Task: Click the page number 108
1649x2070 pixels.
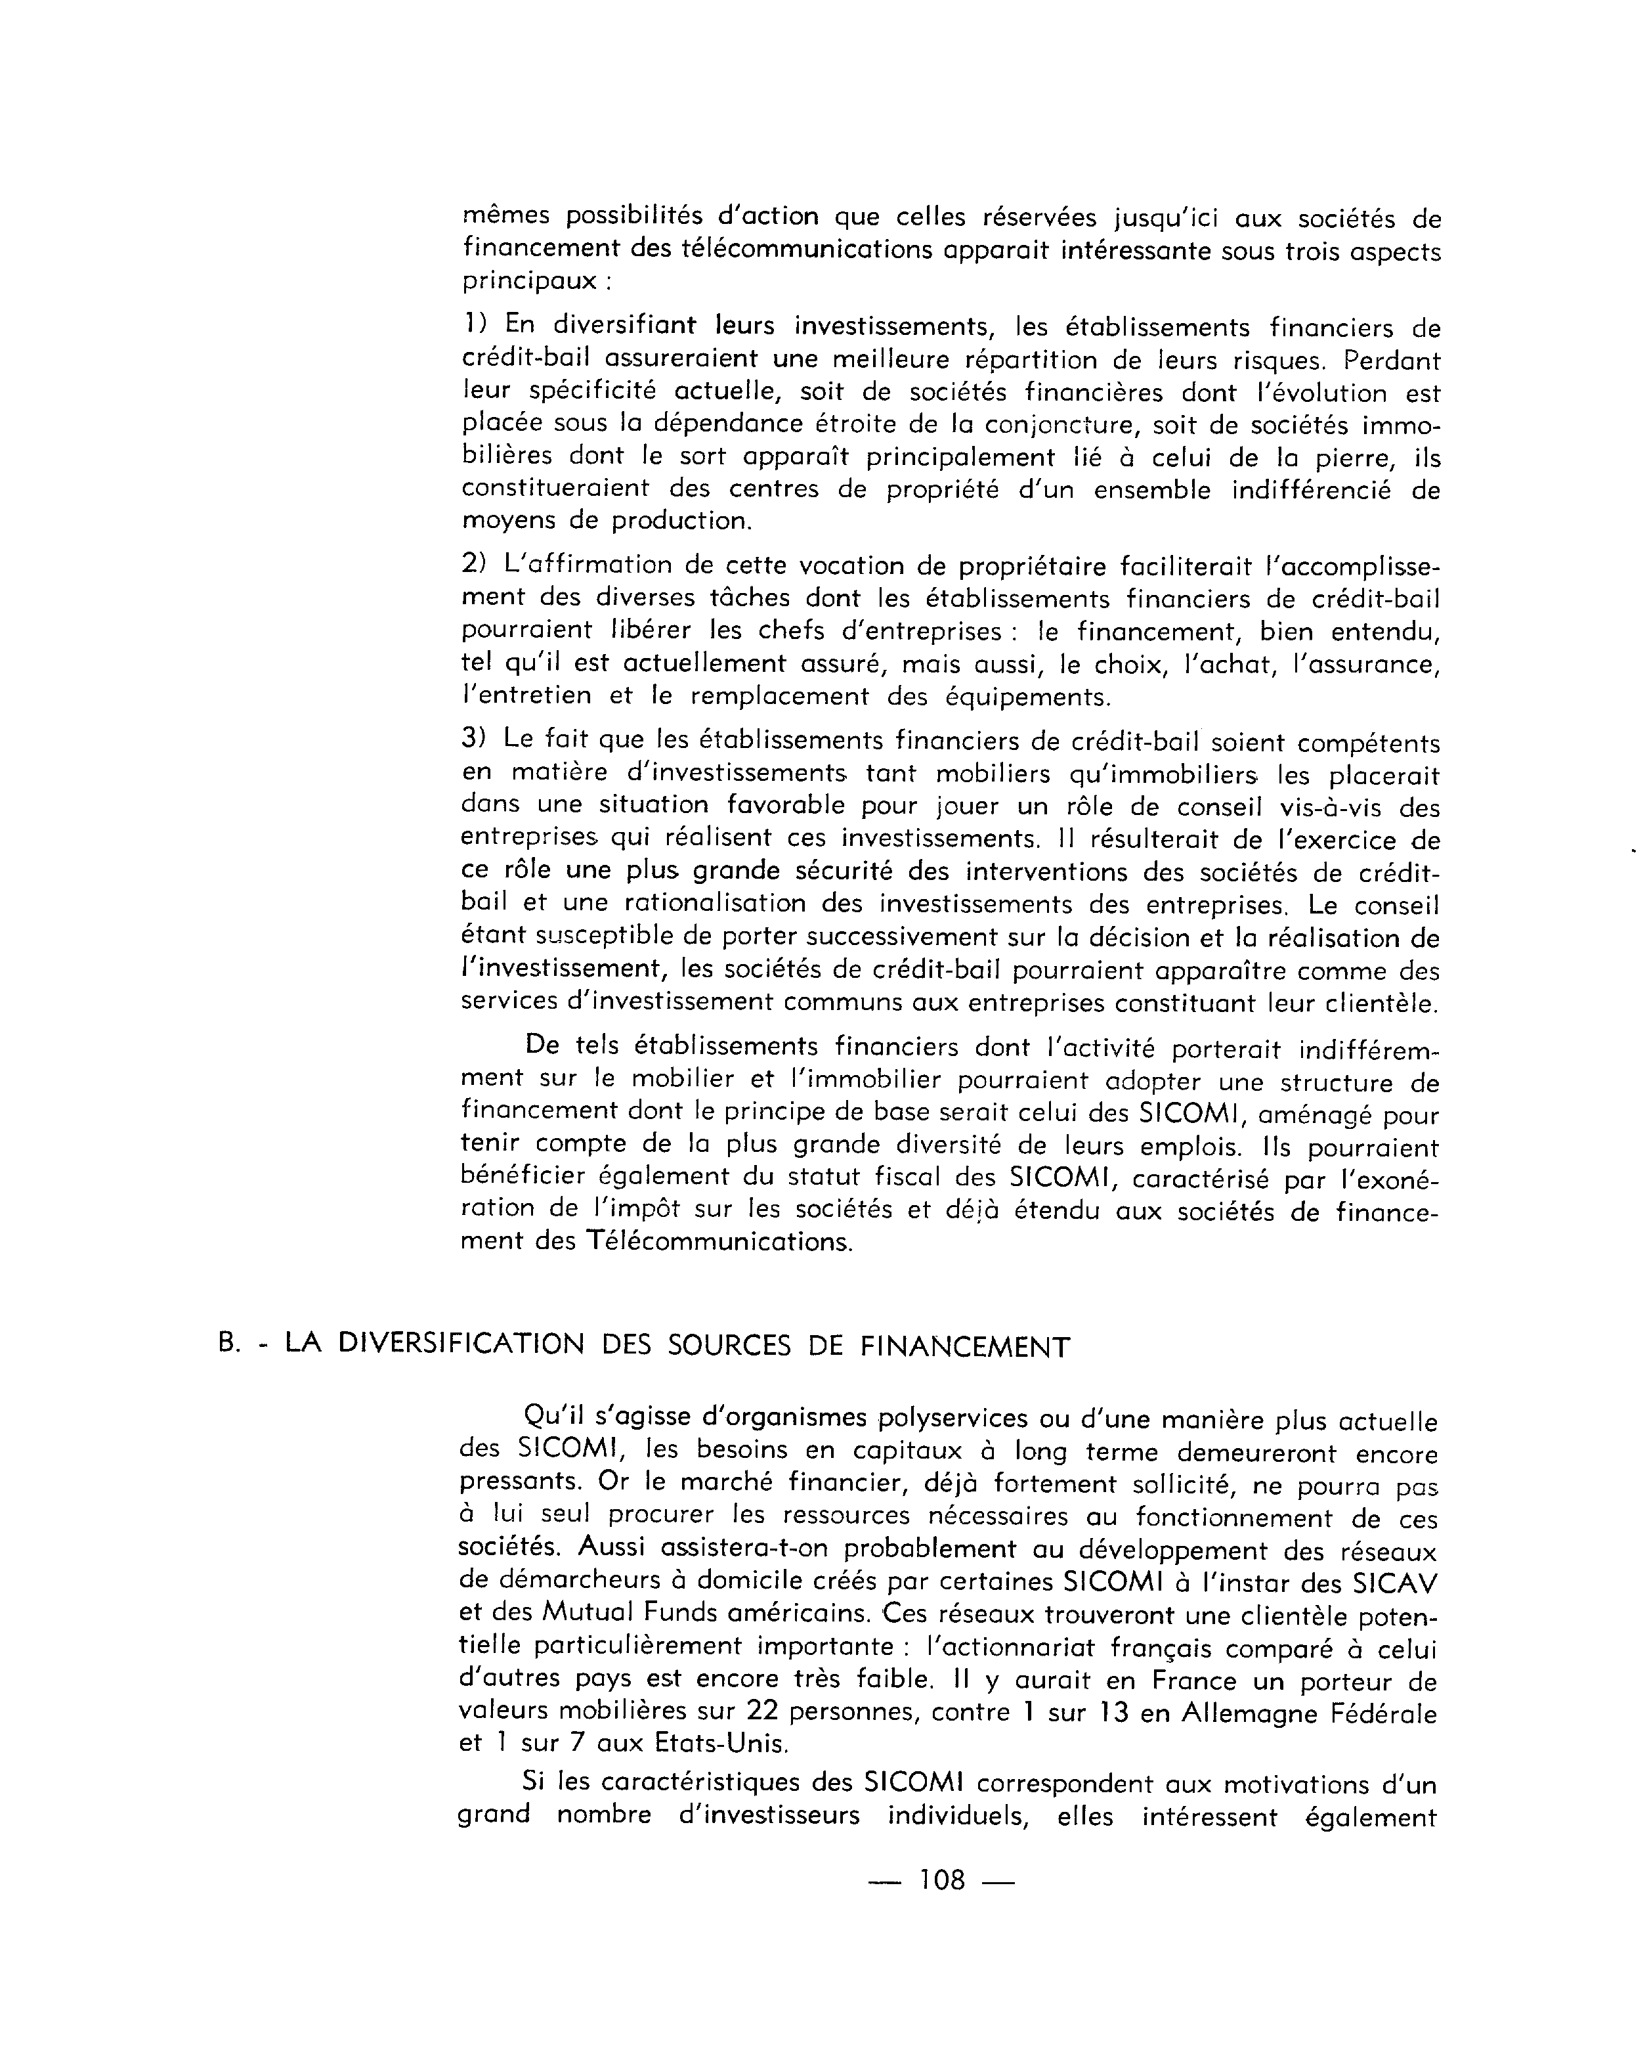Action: click(941, 1906)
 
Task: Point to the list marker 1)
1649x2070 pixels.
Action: click(474, 324)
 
